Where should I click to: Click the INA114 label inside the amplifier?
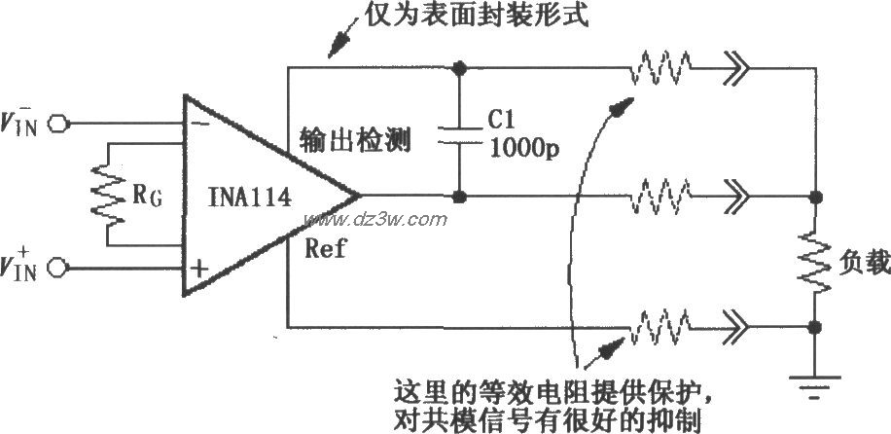click(x=251, y=199)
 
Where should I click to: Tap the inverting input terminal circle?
click(x=60, y=124)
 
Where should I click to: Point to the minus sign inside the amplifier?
click(x=198, y=125)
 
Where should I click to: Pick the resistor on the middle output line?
click(x=660, y=197)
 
